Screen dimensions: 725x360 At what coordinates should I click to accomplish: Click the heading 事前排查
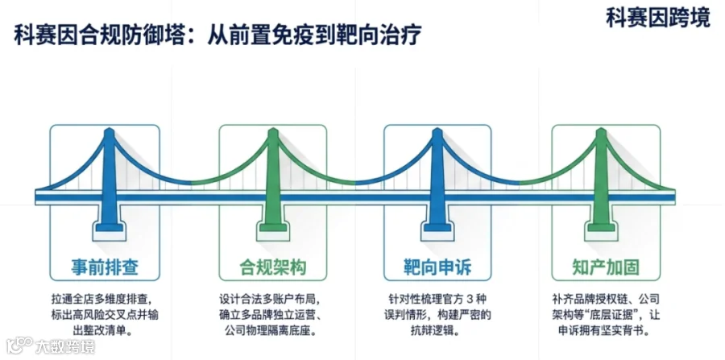click(x=105, y=267)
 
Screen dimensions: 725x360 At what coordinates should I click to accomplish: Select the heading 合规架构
click(x=273, y=267)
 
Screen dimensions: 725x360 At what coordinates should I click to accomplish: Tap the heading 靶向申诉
click(x=437, y=267)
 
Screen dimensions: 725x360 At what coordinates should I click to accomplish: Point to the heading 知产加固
click(x=606, y=267)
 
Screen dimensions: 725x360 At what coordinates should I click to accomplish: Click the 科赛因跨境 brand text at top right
click(x=658, y=19)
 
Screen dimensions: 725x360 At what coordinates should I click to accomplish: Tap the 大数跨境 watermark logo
click(x=51, y=346)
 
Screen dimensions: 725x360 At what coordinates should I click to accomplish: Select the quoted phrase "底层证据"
click(x=611, y=316)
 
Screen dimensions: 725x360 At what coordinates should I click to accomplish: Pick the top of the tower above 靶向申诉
click(x=437, y=132)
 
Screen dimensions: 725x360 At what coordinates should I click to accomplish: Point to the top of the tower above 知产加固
click(x=601, y=132)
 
